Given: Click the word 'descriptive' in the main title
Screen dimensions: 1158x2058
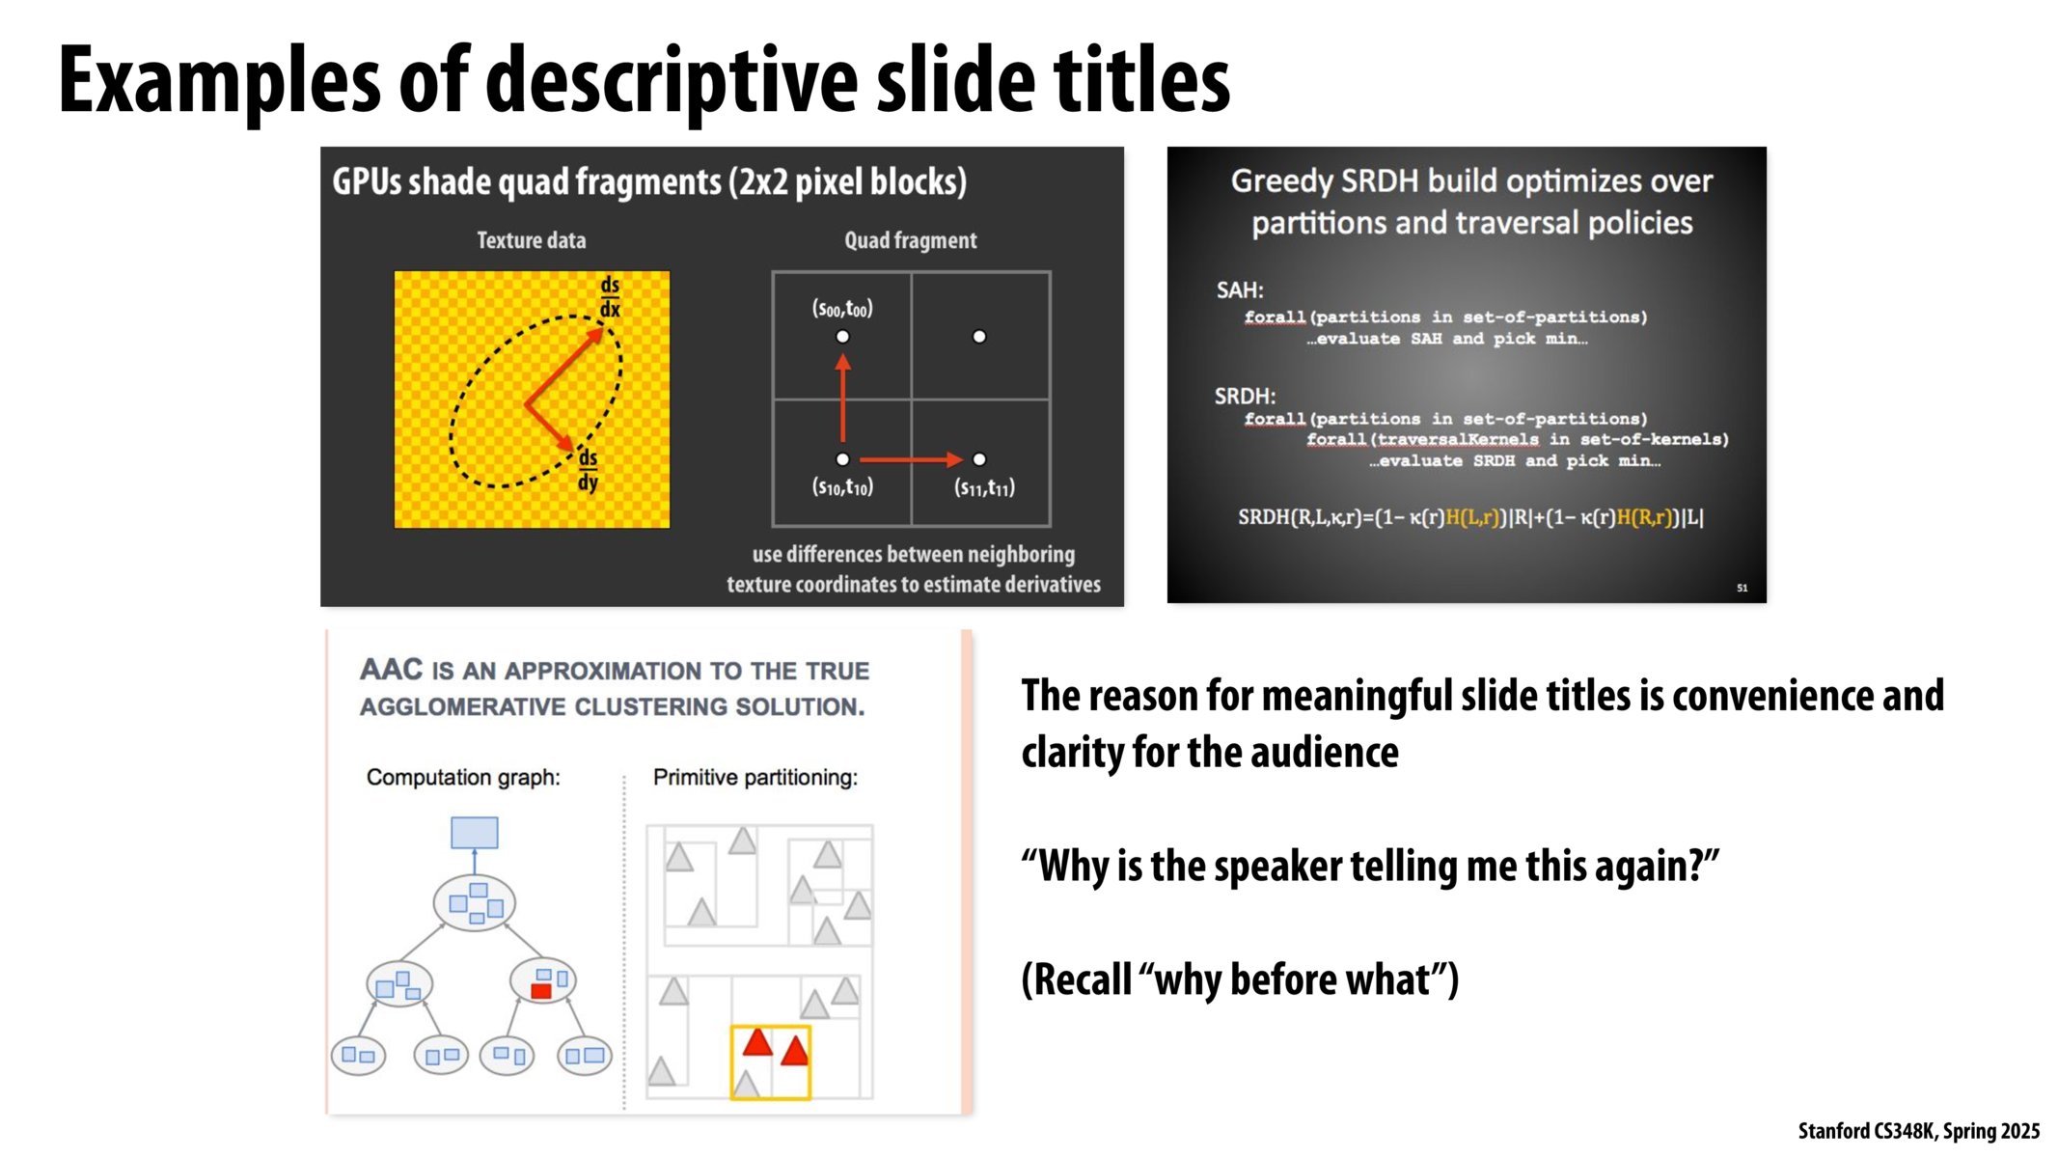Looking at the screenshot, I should (x=672, y=81).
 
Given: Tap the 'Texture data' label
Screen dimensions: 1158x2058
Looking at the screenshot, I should (x=531, y=240).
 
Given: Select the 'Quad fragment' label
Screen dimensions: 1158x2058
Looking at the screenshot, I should (x=910, y=240).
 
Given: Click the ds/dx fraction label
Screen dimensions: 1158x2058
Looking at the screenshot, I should (x=610, y=297).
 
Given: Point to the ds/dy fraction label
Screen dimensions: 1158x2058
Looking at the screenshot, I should (x=588, y=470).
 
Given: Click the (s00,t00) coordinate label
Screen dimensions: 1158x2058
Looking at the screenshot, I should (x=841, y=309).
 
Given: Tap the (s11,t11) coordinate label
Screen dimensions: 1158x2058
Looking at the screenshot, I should (x=984, y=488).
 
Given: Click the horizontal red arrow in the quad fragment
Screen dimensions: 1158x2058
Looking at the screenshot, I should (x=910, y=459).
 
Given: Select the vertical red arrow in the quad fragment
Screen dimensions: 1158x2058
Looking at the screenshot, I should (x=842, y=398).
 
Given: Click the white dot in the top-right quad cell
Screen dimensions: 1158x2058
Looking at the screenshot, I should (x=979, y=337).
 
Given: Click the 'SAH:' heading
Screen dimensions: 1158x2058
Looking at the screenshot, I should (x=1239, y=290).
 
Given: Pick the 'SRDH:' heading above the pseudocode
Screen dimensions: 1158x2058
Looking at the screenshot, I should (x=1245, y=397).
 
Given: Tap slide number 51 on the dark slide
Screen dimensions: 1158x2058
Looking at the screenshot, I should (x=1742, y=588).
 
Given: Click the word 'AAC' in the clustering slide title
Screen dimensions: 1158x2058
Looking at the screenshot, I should (x=391, y=670).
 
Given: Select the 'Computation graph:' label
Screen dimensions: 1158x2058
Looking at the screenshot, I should (x=463, y=778).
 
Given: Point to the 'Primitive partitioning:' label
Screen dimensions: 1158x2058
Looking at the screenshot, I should (x=755, y=778).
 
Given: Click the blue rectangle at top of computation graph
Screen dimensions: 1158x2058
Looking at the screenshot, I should (x=475, y=833).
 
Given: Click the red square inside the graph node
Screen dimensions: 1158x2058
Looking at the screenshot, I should (x=540, y=991).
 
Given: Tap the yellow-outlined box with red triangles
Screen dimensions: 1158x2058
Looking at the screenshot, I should (x=770, y=1062).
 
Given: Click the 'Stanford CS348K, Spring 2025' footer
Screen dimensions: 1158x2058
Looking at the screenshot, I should (x=1918, y=1131).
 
